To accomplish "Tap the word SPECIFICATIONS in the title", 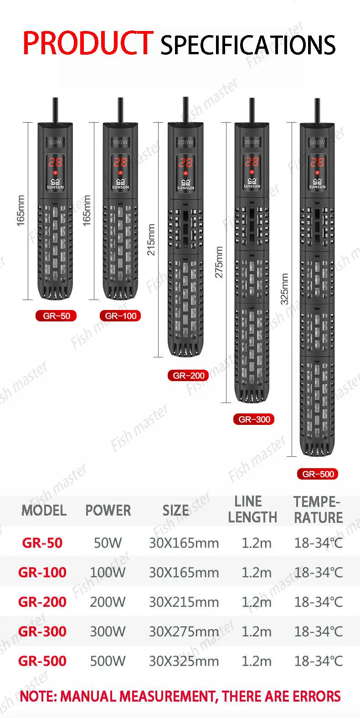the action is coord(248,45).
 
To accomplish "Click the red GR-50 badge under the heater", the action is coord(57,316).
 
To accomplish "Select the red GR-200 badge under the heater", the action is coord(189,376).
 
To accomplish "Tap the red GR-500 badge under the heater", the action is coord(318,474).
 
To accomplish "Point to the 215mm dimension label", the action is coord(151,239).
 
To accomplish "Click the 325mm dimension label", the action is coord(284,289).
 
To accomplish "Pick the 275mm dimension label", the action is coord(219,262).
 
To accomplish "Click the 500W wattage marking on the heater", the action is coord(317,142).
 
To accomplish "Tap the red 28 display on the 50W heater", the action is coord(56,162).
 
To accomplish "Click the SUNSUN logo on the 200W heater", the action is coord(185,185).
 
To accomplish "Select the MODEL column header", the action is coord(44,511).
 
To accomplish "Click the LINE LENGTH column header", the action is coord(252,510).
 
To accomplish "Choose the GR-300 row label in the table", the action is coord(42,631).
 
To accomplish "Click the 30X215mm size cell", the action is coord(184,602).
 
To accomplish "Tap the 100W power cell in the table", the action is coord(108,573).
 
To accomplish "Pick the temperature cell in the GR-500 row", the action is coord(318,661).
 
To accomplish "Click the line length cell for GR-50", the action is coord(257,543).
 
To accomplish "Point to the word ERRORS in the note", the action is coord(317,696).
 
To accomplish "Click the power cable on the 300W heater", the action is coord(252,110).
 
